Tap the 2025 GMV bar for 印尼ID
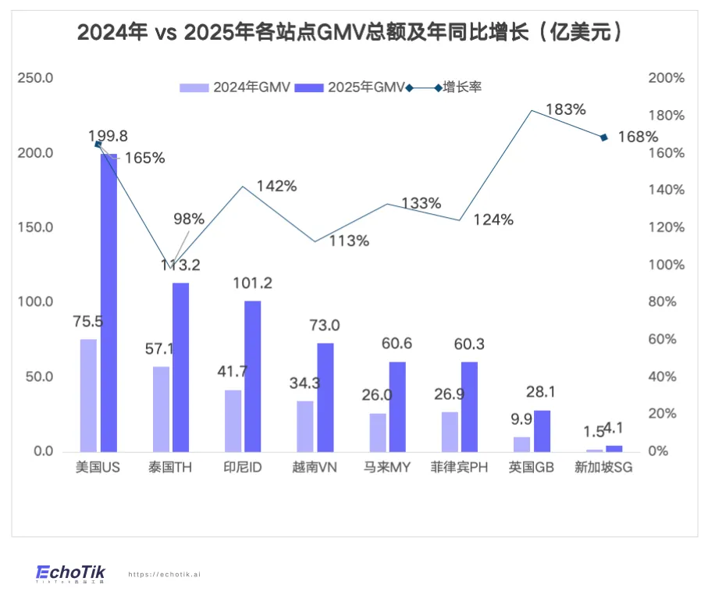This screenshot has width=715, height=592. click(x=253, y=376)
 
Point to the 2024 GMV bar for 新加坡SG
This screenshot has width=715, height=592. click(x=595, y=451)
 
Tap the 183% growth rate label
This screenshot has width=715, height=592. click(x=566, y=109)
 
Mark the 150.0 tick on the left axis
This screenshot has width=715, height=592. click(x=37, y=227)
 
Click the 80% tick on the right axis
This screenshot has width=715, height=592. click(x=667, y=302)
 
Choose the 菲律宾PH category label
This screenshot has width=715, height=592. click(x=460, y=468)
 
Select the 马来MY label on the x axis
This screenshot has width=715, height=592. click(x=387, y=468)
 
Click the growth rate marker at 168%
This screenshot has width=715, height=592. click(x=603, y=137)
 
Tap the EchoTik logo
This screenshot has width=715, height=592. click(x=70, y=573)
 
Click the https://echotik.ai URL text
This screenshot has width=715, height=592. click(x=164, y=574)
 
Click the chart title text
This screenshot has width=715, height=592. click(x=354, y=33)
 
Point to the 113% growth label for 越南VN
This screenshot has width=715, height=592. click(x=349, y=241)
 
